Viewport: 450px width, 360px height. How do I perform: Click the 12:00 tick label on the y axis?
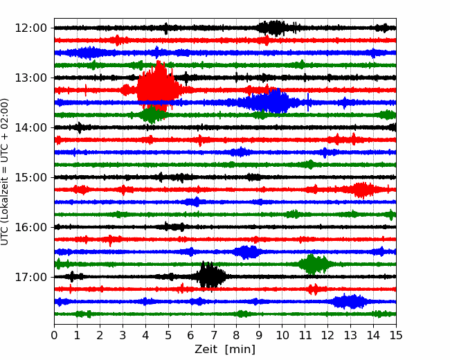coord(30,28)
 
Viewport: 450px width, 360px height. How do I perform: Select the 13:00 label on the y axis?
coord(30,78)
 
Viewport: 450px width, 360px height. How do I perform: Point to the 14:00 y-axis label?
coord(30,127)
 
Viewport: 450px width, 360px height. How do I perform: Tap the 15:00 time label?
coord(30,177)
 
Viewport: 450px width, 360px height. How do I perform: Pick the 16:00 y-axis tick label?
coord(30,227)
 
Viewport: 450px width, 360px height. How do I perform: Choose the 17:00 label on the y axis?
coord(30,277)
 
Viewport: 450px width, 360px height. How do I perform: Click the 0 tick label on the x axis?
coord(54,335)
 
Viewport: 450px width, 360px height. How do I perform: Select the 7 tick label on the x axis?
coord(213,335)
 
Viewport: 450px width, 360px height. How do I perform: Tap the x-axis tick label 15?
coord(396,335)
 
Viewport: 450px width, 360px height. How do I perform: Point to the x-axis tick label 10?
coord(282,335)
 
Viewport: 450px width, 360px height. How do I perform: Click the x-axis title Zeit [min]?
coord(225,350)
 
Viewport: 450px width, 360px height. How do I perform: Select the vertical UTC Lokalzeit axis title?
coord(5,172)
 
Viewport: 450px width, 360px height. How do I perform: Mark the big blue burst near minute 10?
coord(270,102)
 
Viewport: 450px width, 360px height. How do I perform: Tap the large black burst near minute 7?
coord(211,276)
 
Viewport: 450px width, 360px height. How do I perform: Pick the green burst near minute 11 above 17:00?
coord(314,264)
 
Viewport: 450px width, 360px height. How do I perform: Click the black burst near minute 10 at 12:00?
coord(274,28)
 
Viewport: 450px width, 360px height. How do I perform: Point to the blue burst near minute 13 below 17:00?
coord(350,301)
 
